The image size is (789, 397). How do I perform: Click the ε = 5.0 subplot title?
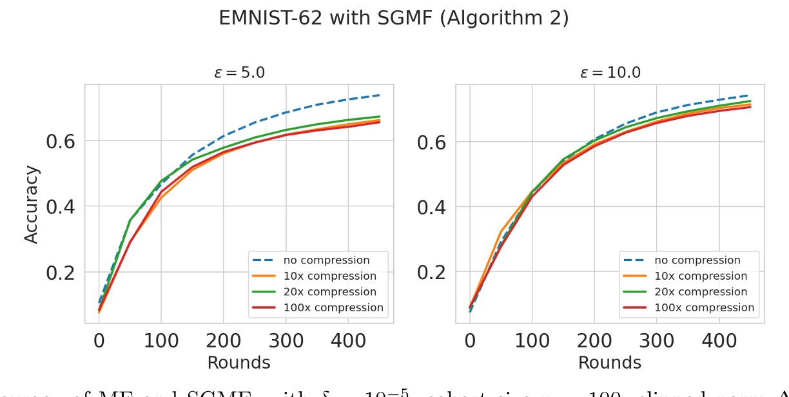point(239,73)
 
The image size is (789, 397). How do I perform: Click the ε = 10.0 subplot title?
point(610,73)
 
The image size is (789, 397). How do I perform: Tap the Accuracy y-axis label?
point(32,204)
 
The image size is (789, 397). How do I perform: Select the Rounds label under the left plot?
point(239,363)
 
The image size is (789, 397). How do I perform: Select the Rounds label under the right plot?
point(610,363)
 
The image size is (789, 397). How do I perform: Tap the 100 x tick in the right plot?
point(532,342)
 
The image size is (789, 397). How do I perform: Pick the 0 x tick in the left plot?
point(99,342)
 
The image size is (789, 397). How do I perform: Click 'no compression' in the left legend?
point(326,260)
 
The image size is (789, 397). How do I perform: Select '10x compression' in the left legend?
point(329,276)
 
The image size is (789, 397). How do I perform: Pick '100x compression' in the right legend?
point(704,308)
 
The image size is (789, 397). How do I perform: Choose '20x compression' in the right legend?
point(701,292)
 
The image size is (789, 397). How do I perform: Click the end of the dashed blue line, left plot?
point(379,95)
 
